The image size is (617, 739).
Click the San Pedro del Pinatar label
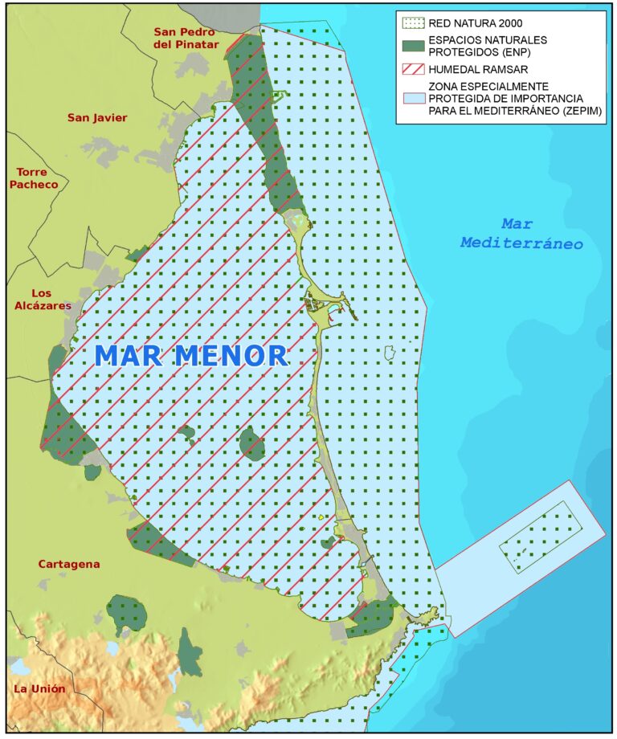tap(186, 38)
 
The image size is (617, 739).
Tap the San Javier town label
tap(97, 118)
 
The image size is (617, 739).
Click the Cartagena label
tap(69, 564)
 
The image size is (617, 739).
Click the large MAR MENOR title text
tap(191, 356)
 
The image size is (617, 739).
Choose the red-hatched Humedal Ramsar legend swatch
tap(412, 68)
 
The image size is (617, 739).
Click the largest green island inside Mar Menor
tap(251, 443)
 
